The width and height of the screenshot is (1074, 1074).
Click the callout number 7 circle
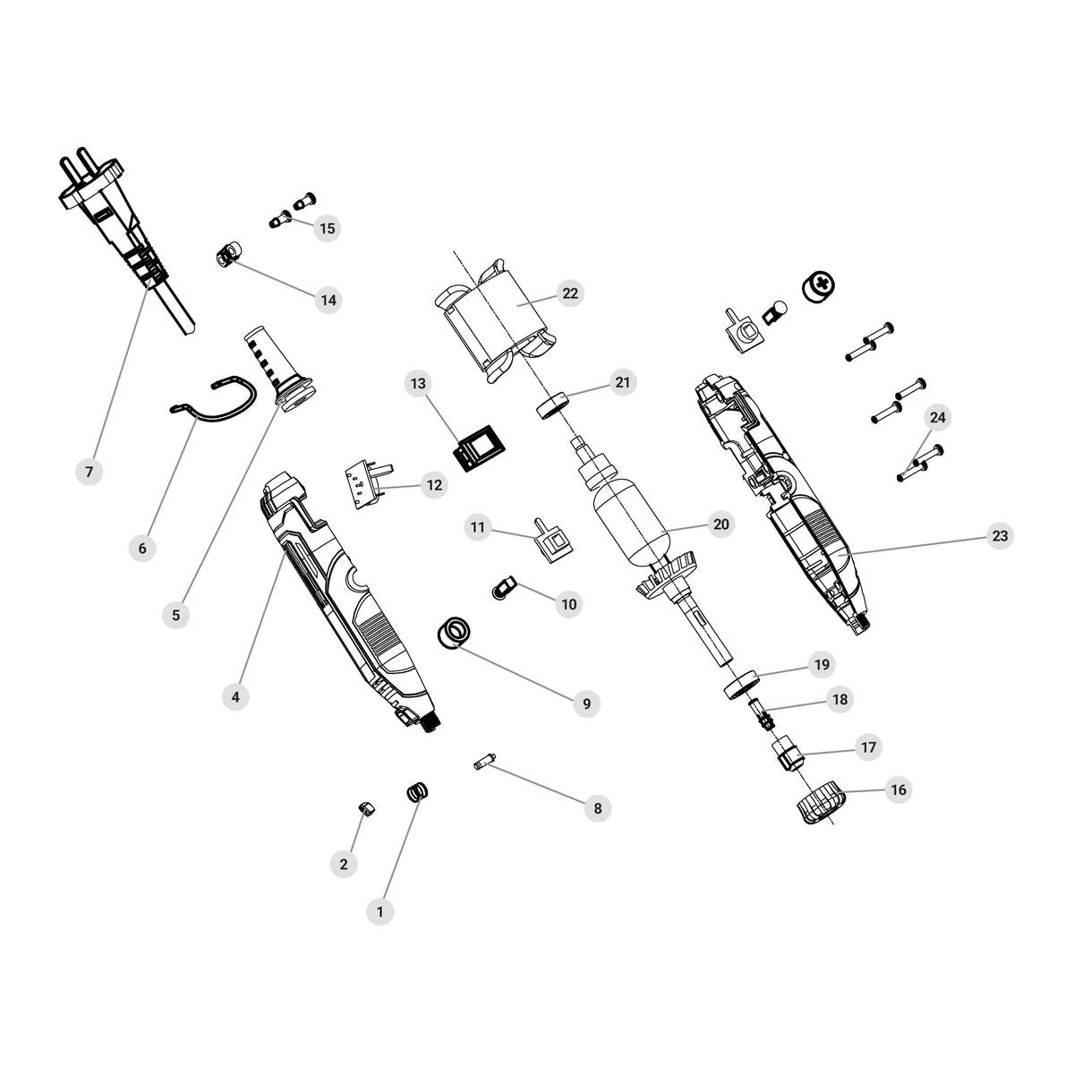click(x=89, y=472)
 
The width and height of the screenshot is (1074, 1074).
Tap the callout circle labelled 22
click(x=570, y=294)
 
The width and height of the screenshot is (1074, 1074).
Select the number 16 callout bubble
click(x=899, y=789)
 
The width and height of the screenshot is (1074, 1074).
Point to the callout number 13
click(x=418, y=383)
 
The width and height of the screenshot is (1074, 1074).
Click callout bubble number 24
click(x=937, y=417)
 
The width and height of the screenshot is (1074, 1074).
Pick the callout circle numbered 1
click(x=380, y=912)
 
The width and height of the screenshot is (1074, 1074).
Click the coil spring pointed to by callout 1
click(x=418, y=792)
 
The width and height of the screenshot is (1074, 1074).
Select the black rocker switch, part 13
click(x=481, y=448)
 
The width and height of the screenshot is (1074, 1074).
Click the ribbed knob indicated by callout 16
click(x=821, y=802)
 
